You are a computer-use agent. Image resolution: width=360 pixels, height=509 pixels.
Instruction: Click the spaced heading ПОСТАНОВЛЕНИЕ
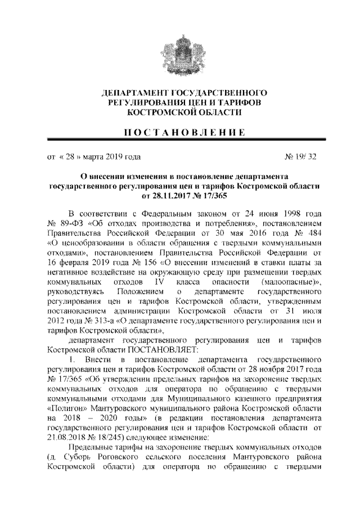click(180, 133)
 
